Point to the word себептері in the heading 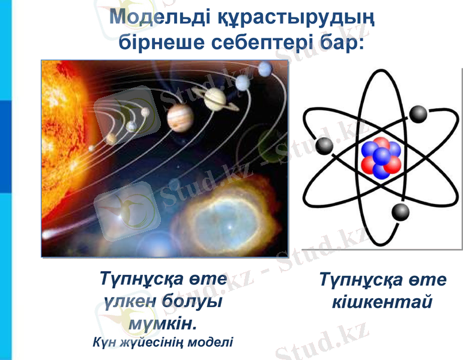(x=268, y=43)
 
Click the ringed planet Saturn (x=215, y=98)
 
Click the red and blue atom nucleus (x=381, y=158)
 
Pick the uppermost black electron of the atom (x=418, y=114)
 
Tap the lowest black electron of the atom (x=400, y=212)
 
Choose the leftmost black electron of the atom (x=324, y=145)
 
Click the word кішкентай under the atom (x=383, y=302)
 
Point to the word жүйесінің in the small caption (x=151, y=343)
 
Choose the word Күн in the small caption (x=104, y=343)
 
